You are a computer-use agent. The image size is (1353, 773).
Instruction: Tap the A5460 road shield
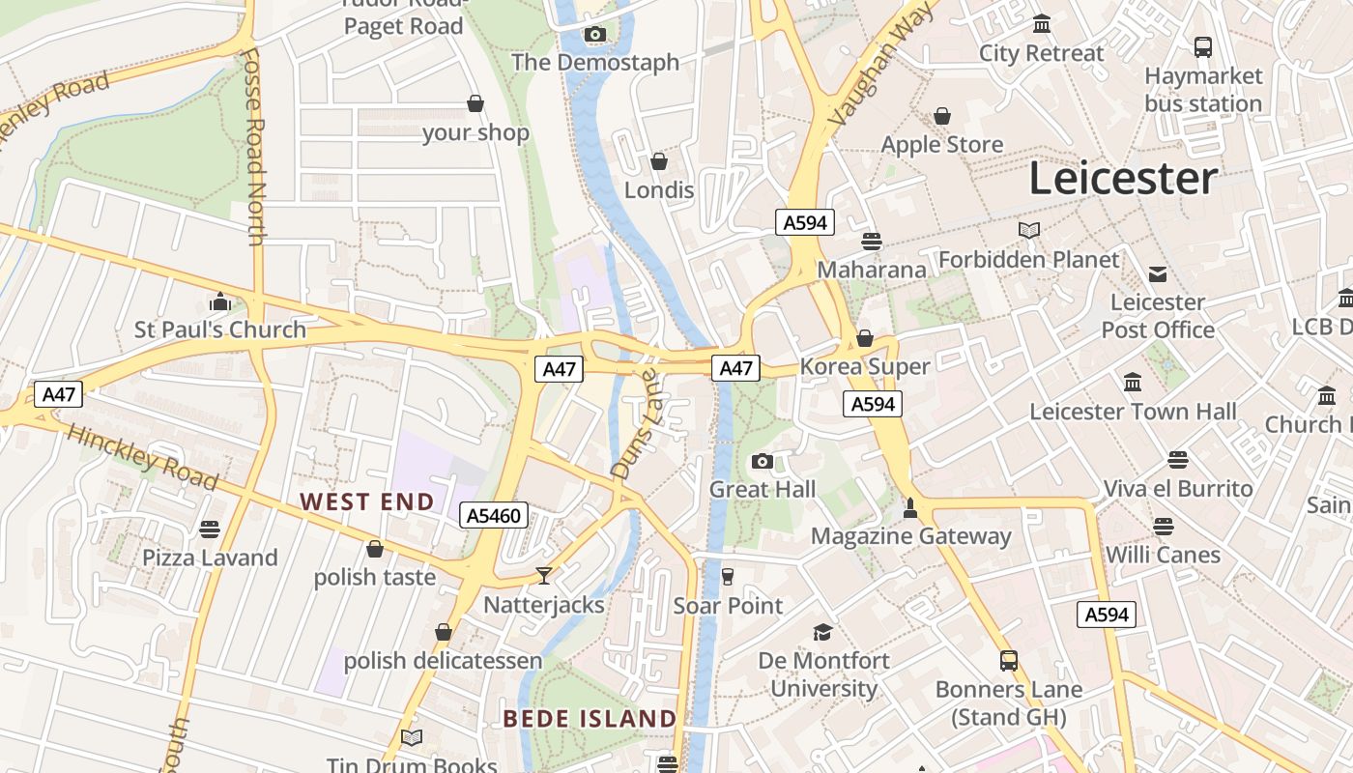click(494, 516)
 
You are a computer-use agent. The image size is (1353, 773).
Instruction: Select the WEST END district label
click(367, 501)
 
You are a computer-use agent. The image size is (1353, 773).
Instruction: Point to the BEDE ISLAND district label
click(590, 718)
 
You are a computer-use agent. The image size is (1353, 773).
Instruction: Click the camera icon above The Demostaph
click(595, 36)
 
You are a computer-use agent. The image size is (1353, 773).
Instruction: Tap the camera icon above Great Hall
click(763, 461)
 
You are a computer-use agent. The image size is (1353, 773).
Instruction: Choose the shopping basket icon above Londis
click(659, 161)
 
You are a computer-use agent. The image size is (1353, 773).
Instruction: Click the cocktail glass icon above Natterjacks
click(544, 576)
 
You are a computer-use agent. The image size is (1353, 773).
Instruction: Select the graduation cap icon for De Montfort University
click(822, 632)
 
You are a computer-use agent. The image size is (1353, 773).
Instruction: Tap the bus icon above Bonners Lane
click(1009, 661)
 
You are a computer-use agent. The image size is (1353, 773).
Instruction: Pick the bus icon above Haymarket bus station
click(1203, 46)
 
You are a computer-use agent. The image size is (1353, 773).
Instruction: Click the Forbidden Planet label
click(1028, 259)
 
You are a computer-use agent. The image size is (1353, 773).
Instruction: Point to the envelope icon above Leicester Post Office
click(1158, 274)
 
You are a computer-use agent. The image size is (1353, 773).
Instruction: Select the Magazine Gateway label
click(910, 536)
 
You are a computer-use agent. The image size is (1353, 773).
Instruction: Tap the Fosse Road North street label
click(254, 145)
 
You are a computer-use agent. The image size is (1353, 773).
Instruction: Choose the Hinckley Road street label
click(143, 458)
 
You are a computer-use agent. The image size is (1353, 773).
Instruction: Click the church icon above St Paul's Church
click(220, 302)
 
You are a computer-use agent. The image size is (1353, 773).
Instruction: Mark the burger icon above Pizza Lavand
click(210, 530)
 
